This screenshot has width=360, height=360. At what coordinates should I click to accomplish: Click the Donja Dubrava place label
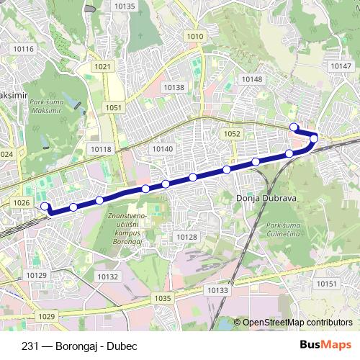pyautogui.click(x=262, y=196)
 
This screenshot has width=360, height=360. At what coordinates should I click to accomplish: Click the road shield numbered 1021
pyautogui.click(x=103, y=66)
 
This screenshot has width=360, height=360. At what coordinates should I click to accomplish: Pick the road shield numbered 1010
pyautogui.click(x=194, y=36)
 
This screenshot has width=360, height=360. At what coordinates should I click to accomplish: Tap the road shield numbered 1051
pyautogui.click(x=114, y=107)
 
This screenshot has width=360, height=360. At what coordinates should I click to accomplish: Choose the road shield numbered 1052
pyautogui.click(x=232, y=134)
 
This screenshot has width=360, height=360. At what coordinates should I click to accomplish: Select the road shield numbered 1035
pyautogui.click(x=163, y=298)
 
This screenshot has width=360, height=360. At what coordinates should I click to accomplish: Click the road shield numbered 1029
pyautogui.click(x=47, y=316)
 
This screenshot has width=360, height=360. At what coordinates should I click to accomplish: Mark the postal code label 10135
pyautogui.click(x=125, y=6)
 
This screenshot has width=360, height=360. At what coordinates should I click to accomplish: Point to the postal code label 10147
pyautogui.click(x=340, y=66)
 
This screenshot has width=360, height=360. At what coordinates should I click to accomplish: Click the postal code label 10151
pyautogui.click(x=326, y=284)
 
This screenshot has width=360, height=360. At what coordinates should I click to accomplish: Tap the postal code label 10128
pyautogui.click(x=186, y=237)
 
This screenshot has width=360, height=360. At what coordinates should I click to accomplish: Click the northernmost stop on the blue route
pyautogui.click(x=294, y=127)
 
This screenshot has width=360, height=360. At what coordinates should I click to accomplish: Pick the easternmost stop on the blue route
pyautogui.click(x=314, y=137)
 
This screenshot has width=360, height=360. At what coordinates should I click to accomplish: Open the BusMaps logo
pyautogui.click(x=325, y=345)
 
